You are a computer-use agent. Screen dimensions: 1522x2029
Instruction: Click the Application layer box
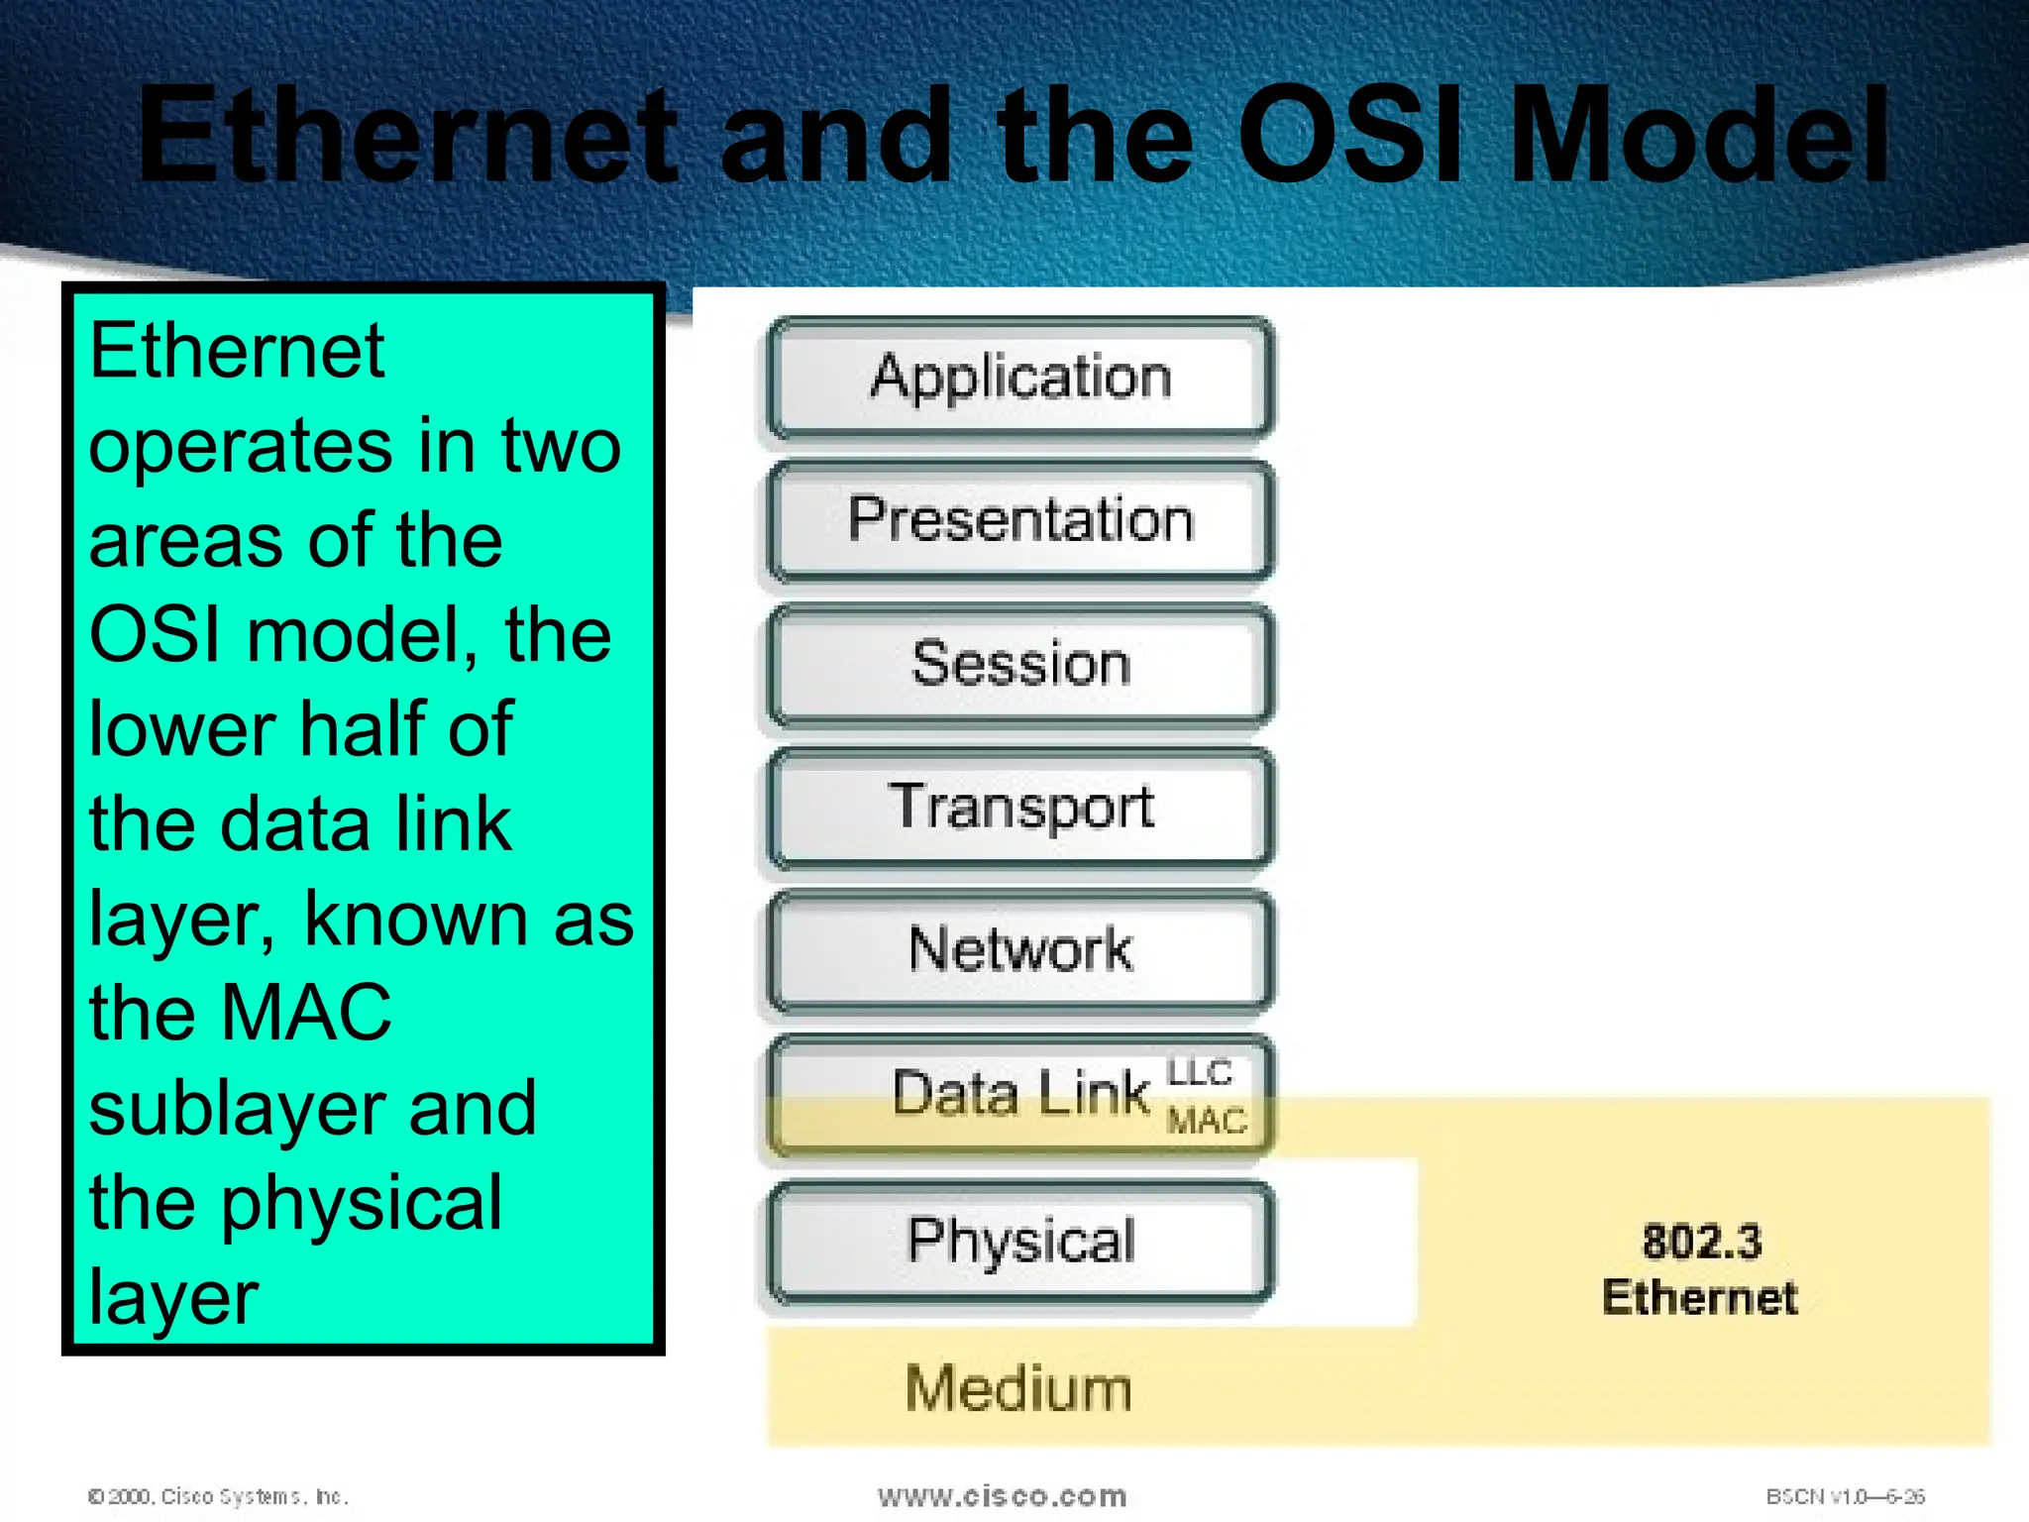click(1020, 378)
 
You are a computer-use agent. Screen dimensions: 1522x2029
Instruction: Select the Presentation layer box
click(1020, 520)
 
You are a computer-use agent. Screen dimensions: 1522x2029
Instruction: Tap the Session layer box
click(1020, 664)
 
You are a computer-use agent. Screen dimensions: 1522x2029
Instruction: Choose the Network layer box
click(1020, 950)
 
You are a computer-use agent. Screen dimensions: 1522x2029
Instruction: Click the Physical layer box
click(1020, 1241)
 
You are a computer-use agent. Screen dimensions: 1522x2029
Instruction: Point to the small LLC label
click(1200, 1073)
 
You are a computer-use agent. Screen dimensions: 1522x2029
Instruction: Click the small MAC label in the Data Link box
click(1206, 1121)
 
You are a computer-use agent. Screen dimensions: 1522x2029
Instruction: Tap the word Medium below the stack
click(1018, 1388)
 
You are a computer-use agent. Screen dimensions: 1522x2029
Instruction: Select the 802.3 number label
click(1702, 1243)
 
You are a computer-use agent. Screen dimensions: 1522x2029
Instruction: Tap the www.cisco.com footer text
click(1002, 1495)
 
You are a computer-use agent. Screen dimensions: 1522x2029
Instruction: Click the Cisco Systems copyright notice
click(218, 1496)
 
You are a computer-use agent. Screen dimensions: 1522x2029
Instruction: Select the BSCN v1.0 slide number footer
click(1845, 1496)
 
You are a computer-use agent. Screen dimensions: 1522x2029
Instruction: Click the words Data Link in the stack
click(1020, 1094)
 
